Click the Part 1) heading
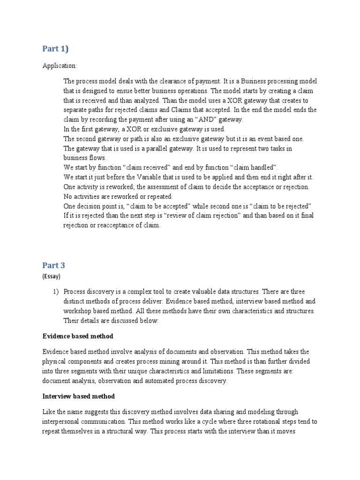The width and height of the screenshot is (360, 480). (55, 49)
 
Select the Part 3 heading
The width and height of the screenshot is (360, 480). (54, 265)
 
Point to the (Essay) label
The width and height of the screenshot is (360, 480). (52, 277)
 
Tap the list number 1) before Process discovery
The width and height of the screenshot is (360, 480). (56, 291)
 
